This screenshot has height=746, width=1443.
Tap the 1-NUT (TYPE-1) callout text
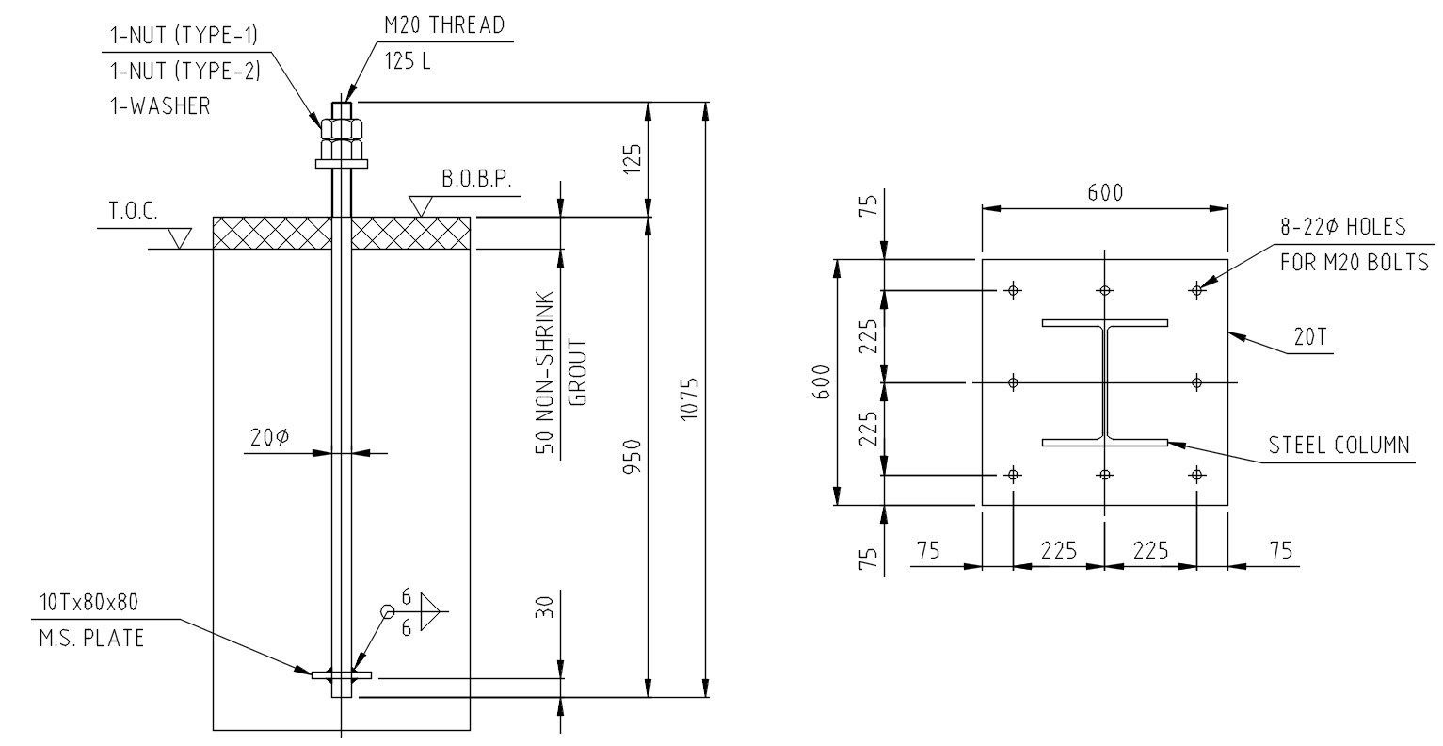pos(183,36)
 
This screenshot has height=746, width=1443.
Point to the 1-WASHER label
pos(157,105)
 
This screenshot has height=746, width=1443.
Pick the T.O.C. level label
pos(133,211)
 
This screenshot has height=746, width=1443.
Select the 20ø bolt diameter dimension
pos(269,437)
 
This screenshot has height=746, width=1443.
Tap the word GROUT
pos(580,373)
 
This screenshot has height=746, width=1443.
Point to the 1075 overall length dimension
pos(691,399)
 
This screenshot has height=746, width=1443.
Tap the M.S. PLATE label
pos(92,638)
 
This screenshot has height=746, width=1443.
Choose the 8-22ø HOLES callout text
pos(1342,227)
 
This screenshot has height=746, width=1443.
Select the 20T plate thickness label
pos(1309,337)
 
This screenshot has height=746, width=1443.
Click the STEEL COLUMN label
pos(1339,445)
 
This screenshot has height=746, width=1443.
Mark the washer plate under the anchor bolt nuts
pos(342,164)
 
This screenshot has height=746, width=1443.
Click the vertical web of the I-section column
pos(1105,382)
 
